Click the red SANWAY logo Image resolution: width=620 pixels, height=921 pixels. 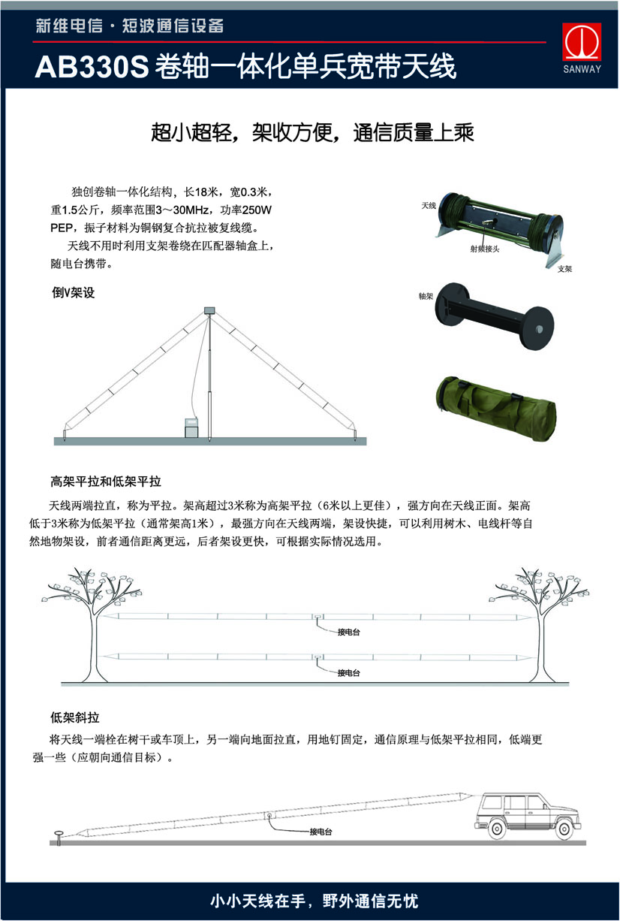click(x=582, y=47)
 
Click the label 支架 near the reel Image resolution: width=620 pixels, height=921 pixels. click(x=564, y=268)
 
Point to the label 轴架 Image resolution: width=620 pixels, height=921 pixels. click(x=426, y=297)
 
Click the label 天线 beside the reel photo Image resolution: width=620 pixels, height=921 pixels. click(x=429, y=205)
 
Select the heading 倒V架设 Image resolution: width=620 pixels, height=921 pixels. click(x=73, y=293)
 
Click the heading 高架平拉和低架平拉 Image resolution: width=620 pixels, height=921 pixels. click(x=106, y=481)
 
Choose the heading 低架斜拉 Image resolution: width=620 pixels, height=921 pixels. click(x=75, y=717)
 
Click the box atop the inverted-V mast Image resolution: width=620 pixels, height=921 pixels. click(x=209, y=310)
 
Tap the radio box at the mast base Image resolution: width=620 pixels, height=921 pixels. click(x=191, y=426)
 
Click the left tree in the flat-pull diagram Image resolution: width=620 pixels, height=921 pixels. click(x=94, y=616)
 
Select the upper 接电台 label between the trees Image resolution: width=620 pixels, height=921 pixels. click(x=348, y=632)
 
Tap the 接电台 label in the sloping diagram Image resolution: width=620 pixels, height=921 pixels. click(x=321, y=832)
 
